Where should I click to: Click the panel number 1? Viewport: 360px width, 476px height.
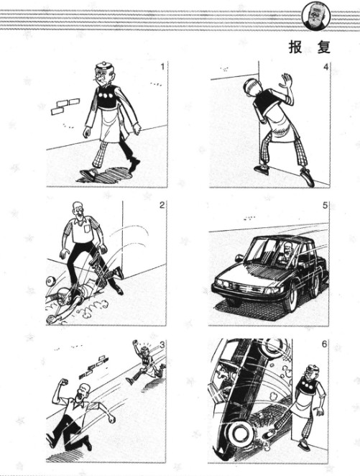(162, 66)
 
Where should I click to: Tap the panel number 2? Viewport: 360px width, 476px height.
(162, 205)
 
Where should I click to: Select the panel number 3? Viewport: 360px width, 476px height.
(162, 344)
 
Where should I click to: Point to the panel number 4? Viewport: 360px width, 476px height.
(326, 67)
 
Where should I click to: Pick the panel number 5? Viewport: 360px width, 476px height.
(325, 206)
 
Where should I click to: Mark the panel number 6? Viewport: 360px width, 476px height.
(325, 344)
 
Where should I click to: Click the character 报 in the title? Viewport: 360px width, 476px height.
(295, 47)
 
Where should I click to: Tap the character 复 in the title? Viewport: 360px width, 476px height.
(323, 47)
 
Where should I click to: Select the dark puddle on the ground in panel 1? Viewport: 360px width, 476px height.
(105, 175)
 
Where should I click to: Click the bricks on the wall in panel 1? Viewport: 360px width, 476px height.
(65, 106)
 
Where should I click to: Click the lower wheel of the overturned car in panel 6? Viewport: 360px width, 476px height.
(239, 434)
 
